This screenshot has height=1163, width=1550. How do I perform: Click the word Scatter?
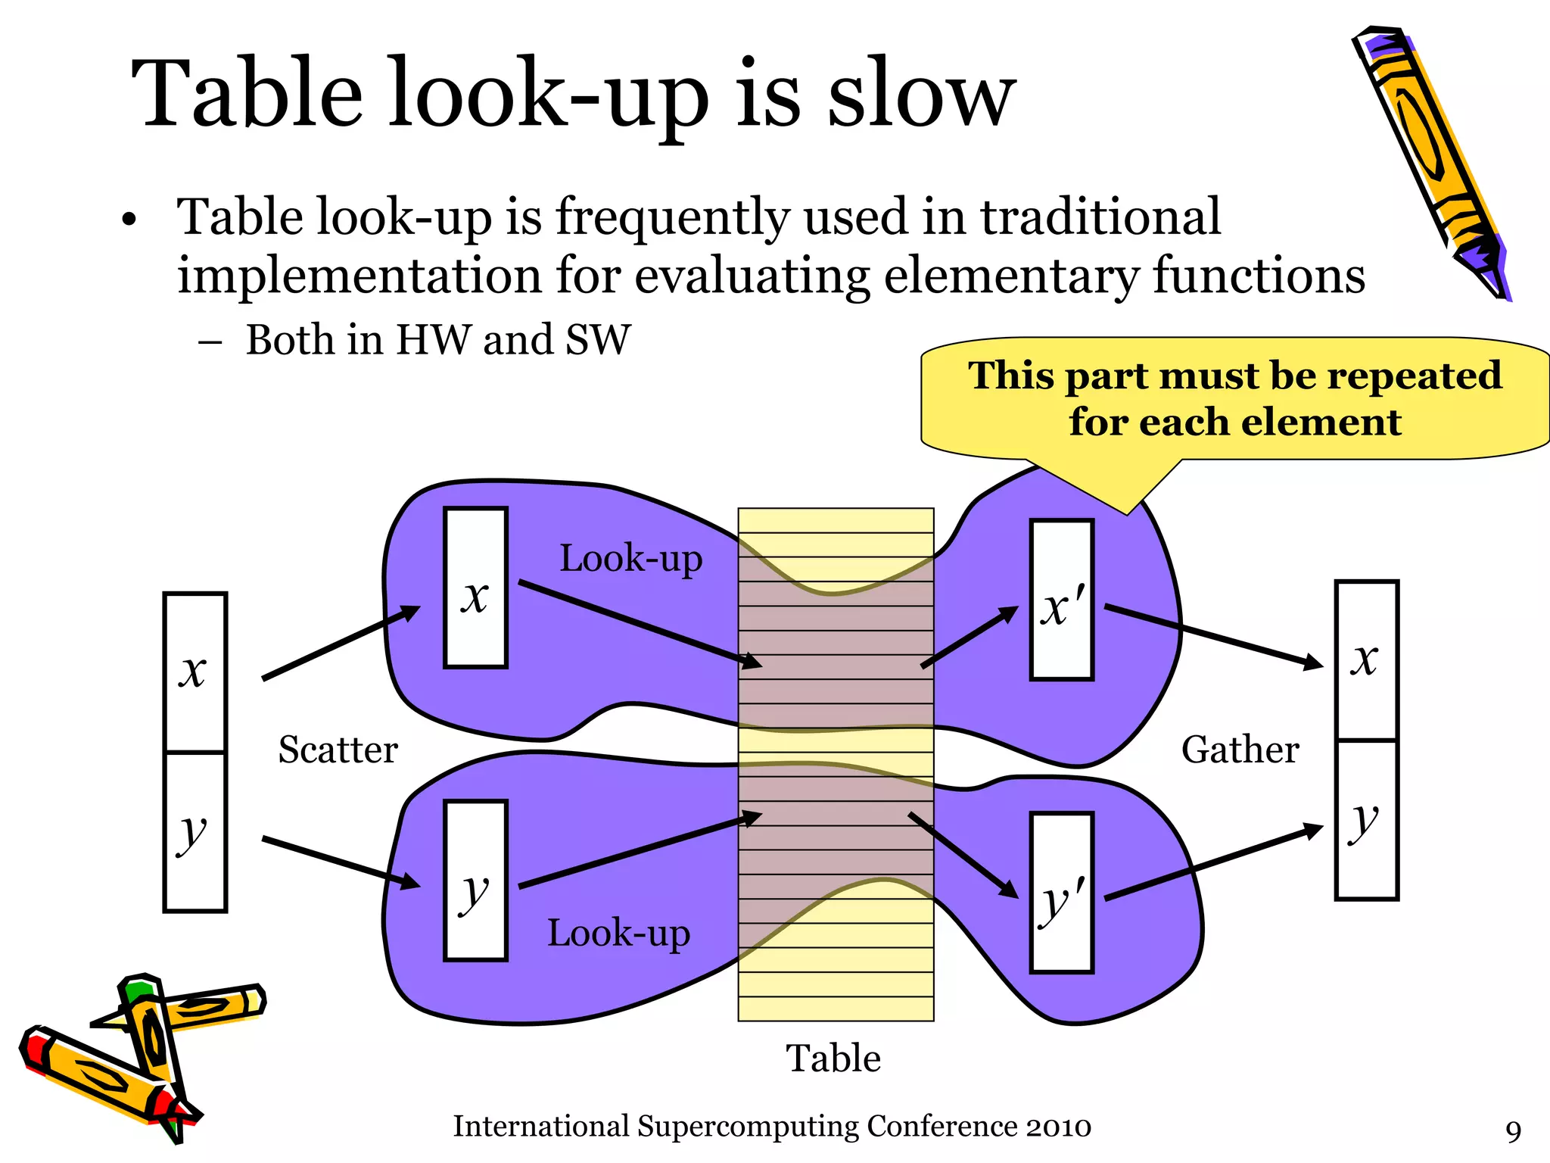pyautogui.click(x=338, y=750)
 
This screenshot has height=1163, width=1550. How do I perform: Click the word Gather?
pyautogui.click(x=1240, y=750)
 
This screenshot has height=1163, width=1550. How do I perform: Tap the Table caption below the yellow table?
pyautogui.click(x=833, y=1058)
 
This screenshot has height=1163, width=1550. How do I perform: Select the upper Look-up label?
pyautogui.click(x=630, y=559)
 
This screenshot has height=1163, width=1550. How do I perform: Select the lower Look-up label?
pyautogui.click(x=618, y=933)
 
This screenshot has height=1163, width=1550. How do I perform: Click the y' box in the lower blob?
pyautogui.click(x=1062, y=892)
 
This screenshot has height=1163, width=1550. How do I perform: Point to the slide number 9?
pyautogui.click(x=1513, y=1131)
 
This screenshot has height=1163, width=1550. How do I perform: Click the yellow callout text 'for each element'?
pyautogui.click(x=1235, y=422)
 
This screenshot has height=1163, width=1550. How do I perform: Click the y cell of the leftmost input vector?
pyautogui.click(x=195, y=831)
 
